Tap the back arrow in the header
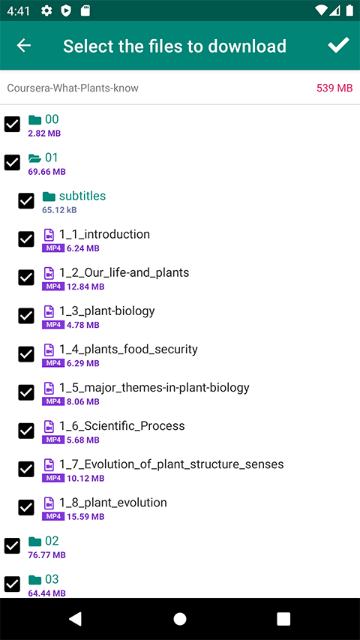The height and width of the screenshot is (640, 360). click(x=24, y=45)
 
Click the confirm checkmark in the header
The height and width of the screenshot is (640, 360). click(x=338, y=45)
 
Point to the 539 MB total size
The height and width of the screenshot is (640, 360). click(x=334, y=88)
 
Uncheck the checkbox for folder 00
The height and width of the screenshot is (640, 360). click(x=12, y=124)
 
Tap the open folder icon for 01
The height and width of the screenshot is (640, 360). click(x=35, y=158)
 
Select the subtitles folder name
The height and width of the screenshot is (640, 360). click(x=82, y=196)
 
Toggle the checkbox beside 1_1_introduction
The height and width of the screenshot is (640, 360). click(x=26, y=239)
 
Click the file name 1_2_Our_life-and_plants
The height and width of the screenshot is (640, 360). click(x=124, y=272)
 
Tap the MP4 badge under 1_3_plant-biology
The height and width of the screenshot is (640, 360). click(x=53, y=325)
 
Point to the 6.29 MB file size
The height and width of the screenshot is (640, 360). click(x=83, y=363)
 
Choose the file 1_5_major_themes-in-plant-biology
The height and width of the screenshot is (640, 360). click(x=154, y=387)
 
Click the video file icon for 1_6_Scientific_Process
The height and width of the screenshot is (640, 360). click(x=49, y=426)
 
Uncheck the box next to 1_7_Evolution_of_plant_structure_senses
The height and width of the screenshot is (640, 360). click(x=26, y=470)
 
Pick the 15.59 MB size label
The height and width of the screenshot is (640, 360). click(x=85, y=517)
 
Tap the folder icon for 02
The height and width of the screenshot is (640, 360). click(x=35, y=541)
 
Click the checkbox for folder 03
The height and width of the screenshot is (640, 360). click(x=12, y=584)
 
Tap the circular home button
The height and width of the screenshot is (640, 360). click(x=180, y=619)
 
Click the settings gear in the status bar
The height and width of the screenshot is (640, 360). click(x=46, y=11)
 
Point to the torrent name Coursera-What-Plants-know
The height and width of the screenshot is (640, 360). click(x=73, y=89)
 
